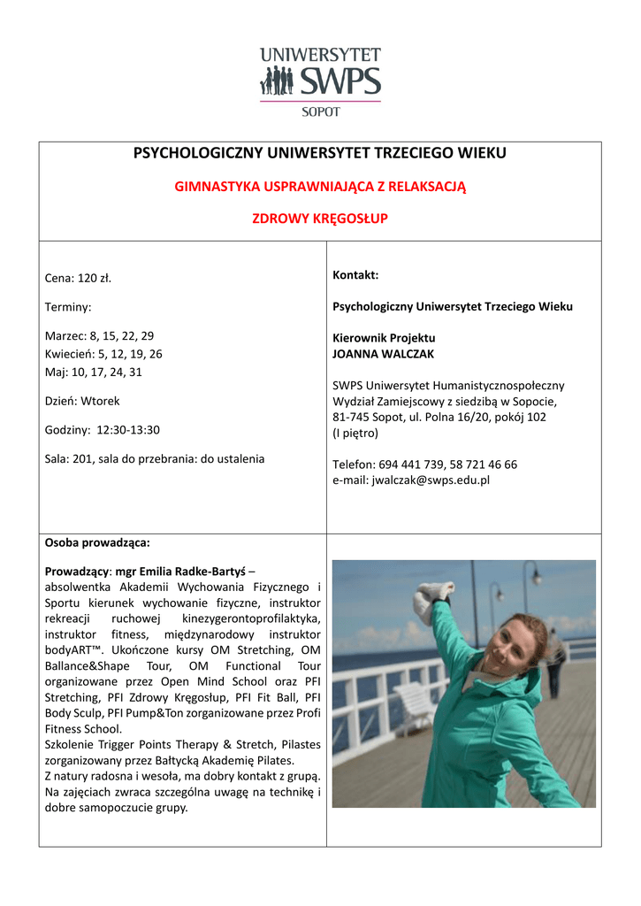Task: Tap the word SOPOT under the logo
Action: tap(320, 111)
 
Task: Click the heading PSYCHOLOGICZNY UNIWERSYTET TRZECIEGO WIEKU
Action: tap(320, 153)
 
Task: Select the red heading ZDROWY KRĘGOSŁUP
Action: tap(320, 219)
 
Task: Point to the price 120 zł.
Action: tap(94, 278)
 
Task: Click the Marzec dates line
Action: tap(99, 335)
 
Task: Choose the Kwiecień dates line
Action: tap(103, 354)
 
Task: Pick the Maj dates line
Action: tap(93, 372)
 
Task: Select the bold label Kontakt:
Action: tap(355, 275)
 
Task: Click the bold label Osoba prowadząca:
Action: tap(97, 541)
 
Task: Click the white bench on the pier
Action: tap(420, 699)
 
